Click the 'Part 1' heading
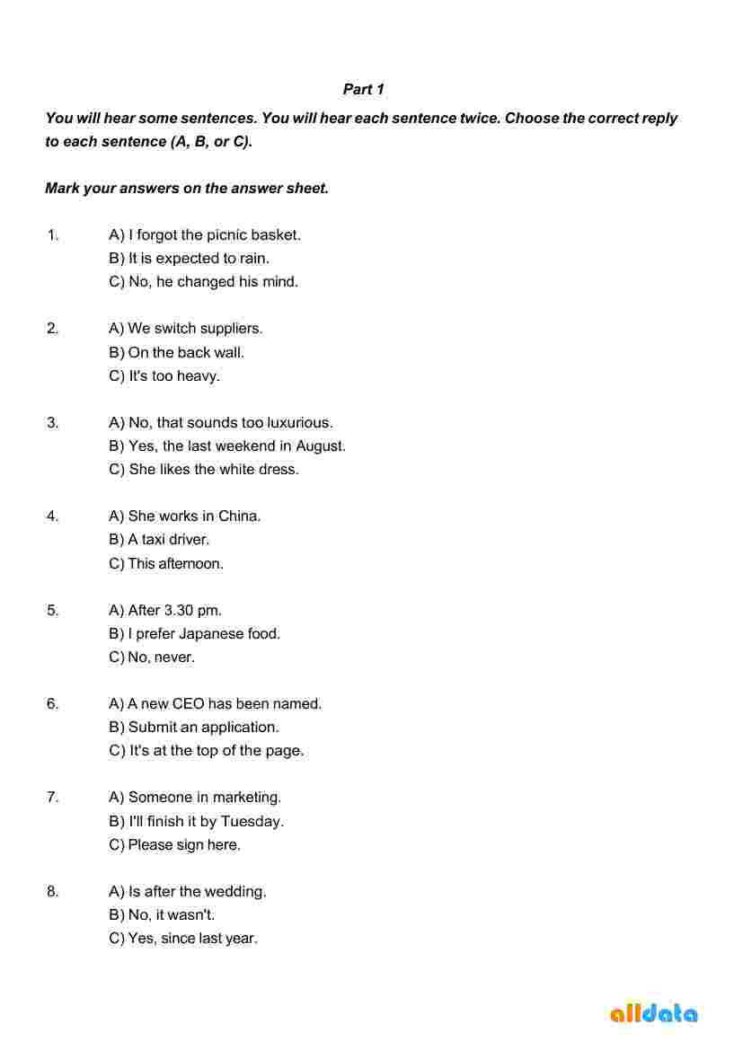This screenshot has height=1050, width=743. [x=364, y=90]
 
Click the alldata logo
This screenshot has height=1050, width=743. [x=653, y=1013]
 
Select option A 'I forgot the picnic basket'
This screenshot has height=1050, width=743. [x=205, y=235]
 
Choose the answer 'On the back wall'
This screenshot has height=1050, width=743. [x=176, y=353]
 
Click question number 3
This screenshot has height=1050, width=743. [x=53, y=422]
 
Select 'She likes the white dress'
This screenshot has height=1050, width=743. [x=204, y=470]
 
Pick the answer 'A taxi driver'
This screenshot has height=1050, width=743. [x=159, y=540]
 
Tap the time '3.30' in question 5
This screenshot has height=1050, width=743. [x=179, y=611]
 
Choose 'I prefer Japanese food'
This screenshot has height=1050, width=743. [x=194, y=634]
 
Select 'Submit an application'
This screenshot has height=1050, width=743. [x=194, y=728]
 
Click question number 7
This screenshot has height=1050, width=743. [x=53, y=798]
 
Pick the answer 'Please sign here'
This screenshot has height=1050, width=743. [x=175, y=845]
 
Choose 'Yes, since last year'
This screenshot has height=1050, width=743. [x=183, y=939]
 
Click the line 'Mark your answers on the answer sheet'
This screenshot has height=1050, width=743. [x=187, y=189]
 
